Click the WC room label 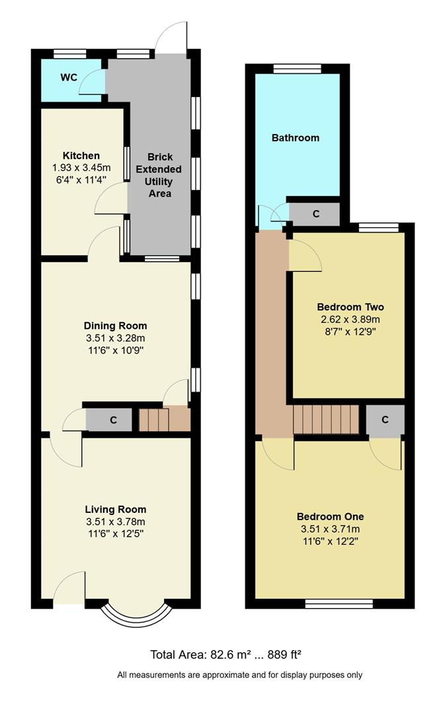[x=69, y=77]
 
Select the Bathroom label [x=295, y=138]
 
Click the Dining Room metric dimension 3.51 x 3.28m [x=115, y=338]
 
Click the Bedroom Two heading [x=350, y=307]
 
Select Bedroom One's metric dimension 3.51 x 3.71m [x=330, y=529]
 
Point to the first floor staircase [x=326, y=419]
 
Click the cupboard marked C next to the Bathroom [x=315, y=214]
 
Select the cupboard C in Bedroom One [x=384, y=420]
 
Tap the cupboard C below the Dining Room [x=113, y=420]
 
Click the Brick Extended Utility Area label [x=159, y=175]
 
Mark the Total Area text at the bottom [x=225, y=655]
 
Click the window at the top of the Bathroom [x=297, y=68]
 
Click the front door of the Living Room [x=69, y=588]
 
